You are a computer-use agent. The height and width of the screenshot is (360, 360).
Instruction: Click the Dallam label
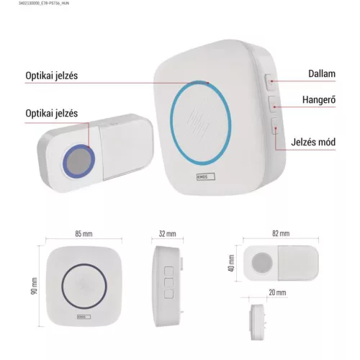pyautogui.click(x=322, y=73)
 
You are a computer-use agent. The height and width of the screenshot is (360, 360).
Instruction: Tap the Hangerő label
pyautogui.click(x=319, y=99)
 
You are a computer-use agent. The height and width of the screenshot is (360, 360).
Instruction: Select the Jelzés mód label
pyautogui.click(x=313, y=142)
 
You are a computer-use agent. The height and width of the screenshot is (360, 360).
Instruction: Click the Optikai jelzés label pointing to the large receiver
pyautogui.click(x=52, y=76)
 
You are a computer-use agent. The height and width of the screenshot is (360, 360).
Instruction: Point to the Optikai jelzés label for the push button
pyautogui.click(x=52, y=113)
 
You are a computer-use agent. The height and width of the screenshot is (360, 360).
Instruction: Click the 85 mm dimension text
pyautogui.click(x=84, y=233)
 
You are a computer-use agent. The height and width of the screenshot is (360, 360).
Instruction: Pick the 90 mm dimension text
pyautogui.click(x=35, y=286)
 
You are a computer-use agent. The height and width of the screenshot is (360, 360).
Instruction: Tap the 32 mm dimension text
pyautogui.click(x=167, y=233)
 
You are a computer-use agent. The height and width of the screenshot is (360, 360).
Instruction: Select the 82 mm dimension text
pyautogui.click(x=281, y=233)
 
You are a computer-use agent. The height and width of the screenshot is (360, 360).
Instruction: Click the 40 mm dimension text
pyautogui.click(x=231, y=264)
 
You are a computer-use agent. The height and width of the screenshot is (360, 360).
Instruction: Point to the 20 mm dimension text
pyautogui.click(x=277, y=292)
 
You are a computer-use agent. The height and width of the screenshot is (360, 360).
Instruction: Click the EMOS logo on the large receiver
pyautogui.click(x=206, y=177)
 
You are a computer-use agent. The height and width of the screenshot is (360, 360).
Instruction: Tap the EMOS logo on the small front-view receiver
pyautogui.click(x=84, y=317)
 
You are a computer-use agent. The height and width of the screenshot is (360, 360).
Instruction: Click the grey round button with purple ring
pyautogui.click(x=78, y=161)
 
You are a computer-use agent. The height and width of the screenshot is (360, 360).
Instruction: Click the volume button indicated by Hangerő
pyautogui.click(x=273, y=104)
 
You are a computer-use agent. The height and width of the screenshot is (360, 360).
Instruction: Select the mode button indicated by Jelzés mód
pyautogui.click(x=276, y=126)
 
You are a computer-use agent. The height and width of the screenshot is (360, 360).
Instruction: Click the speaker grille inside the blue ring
pyautogui.click(x=199, y=121)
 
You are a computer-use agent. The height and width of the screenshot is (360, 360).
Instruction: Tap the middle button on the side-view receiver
pyautogui.click(x=168, y=282)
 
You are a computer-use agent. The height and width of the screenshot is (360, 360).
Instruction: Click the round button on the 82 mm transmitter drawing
pyautogui.click(x=262, y=263)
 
